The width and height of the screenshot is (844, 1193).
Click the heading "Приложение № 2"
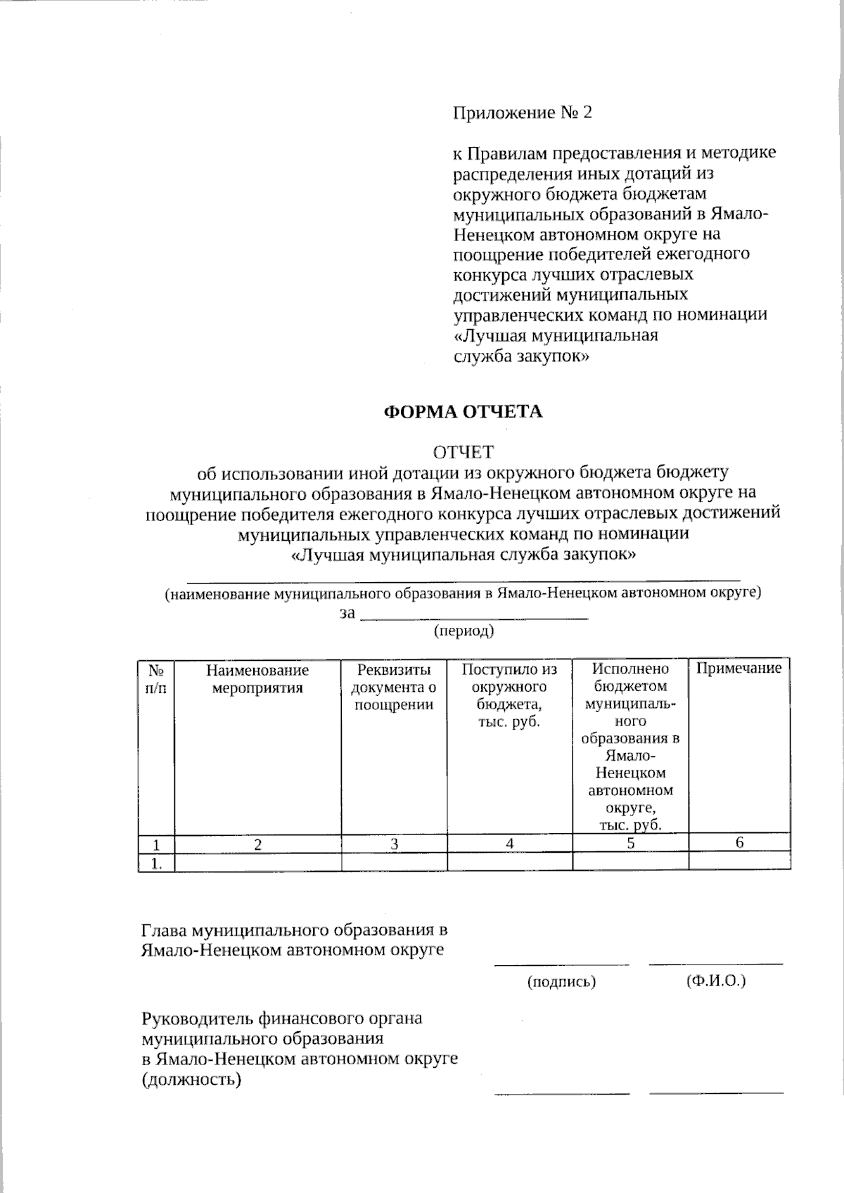(x=523, y=112)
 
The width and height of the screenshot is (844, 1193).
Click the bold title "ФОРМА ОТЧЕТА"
(x=463, y=412)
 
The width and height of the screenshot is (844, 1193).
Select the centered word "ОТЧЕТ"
(x=463, y=451)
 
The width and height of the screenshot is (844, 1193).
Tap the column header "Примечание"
(x=738, y=669)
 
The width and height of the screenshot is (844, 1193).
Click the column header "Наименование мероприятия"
(x=257, y=679)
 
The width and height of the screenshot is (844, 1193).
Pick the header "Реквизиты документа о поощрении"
(x=394, y=687)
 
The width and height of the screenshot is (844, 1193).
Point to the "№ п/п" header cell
(x=156, y=679)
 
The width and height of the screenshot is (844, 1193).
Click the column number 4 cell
(x=509, y=844)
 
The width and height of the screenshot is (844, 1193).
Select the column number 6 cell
(x=739, y=844)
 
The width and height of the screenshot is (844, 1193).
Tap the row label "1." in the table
(x=156, y=863)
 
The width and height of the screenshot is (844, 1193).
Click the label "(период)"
(x=463, y=631)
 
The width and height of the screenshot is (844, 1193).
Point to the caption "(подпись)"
(x=561, y=982)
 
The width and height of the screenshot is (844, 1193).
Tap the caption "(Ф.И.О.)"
(x=715, y=981)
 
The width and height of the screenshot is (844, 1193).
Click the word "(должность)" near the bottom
(x=191, y=1080)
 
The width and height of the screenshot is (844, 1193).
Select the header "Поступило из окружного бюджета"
(x=509, y=695)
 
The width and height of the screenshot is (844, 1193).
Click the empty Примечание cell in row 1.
(x=739, y=863)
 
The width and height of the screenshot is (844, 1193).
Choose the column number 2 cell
(x=257, y=844)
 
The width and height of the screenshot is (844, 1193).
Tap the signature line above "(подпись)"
(x=561, y=964)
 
